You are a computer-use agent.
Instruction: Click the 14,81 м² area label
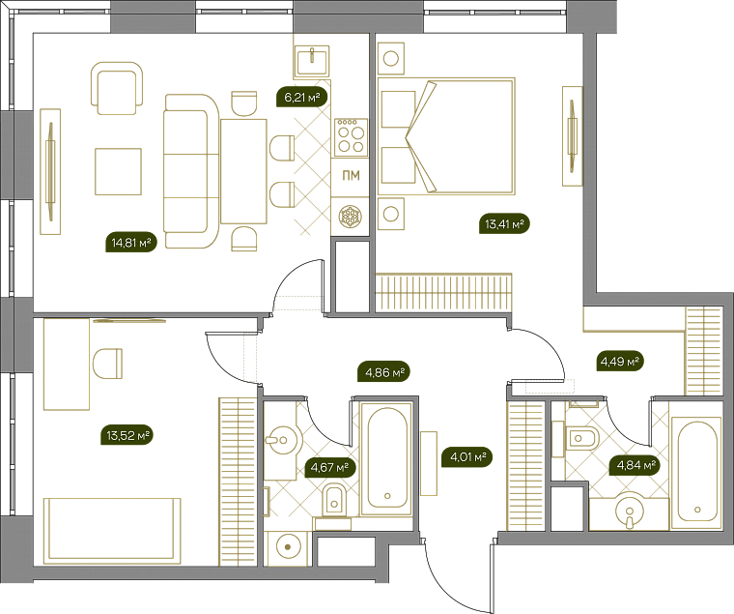point(131,243)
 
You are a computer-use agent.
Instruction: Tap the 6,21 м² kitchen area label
point(302,98)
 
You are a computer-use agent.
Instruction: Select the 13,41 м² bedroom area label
point(504,223)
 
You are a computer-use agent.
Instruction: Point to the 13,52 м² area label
point(127,435)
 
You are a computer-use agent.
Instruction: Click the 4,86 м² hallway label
point(384,372)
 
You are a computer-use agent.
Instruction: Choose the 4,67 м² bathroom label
point(330,467)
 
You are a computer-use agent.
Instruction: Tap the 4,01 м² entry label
point(467,456)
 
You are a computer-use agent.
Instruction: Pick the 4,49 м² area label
point(620,361)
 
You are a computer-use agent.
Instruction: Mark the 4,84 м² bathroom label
point(635,465)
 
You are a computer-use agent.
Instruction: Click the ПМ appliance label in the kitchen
point(352,176)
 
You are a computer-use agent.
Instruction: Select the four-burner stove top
point(352,137)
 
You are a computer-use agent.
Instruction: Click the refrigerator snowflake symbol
point(351,217)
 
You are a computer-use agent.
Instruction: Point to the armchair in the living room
point(117,88)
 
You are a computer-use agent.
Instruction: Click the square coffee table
point(118,171)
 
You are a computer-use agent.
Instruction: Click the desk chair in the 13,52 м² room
point(107,364)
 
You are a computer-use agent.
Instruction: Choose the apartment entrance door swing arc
point(453,592)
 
